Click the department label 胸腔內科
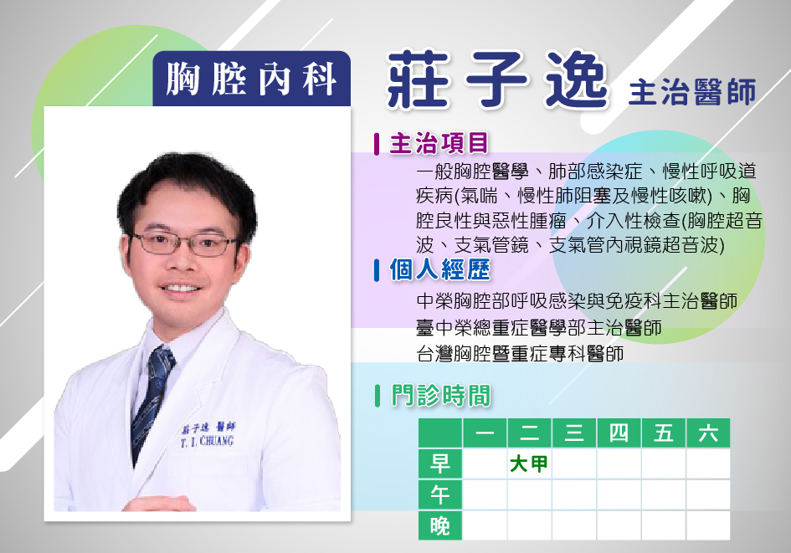pos(251,79)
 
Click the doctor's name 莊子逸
pos(497,80)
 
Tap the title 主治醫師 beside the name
pos(692,92)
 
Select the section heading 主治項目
pos(439,143)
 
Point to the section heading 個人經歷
pos(439,269)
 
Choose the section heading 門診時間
pos(440,395)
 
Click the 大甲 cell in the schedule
pos(529,463)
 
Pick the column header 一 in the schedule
pos(485,433)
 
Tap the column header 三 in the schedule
pos(574,433)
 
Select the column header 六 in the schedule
pos(708,433)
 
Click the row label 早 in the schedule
pos(440,463)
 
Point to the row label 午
pos(440,494)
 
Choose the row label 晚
pos(440,525)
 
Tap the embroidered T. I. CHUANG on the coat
pos(208,442)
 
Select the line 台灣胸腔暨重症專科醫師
pos(520,353)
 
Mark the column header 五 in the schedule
pos(664,433)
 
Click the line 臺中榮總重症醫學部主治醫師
pos(539,328)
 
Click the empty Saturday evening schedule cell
pos(708,525)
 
